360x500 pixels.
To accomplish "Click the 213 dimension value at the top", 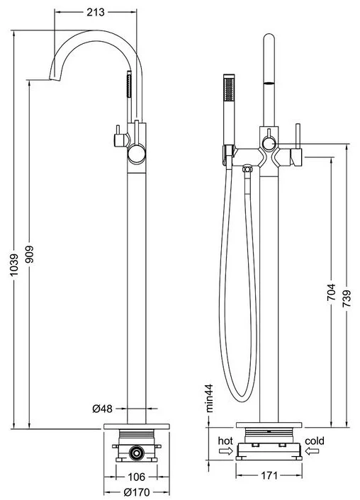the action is pos(96,12).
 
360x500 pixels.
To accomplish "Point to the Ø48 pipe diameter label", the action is pos(103,408).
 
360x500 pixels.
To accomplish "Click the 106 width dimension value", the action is pos(136,477).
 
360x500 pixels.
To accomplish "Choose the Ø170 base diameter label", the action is pos(136,492).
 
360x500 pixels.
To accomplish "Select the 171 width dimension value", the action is pos(269,475).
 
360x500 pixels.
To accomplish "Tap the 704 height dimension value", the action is pos(331,292).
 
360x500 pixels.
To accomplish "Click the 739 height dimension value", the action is pos(347,298).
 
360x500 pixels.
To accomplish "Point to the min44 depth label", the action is pos(209,398).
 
